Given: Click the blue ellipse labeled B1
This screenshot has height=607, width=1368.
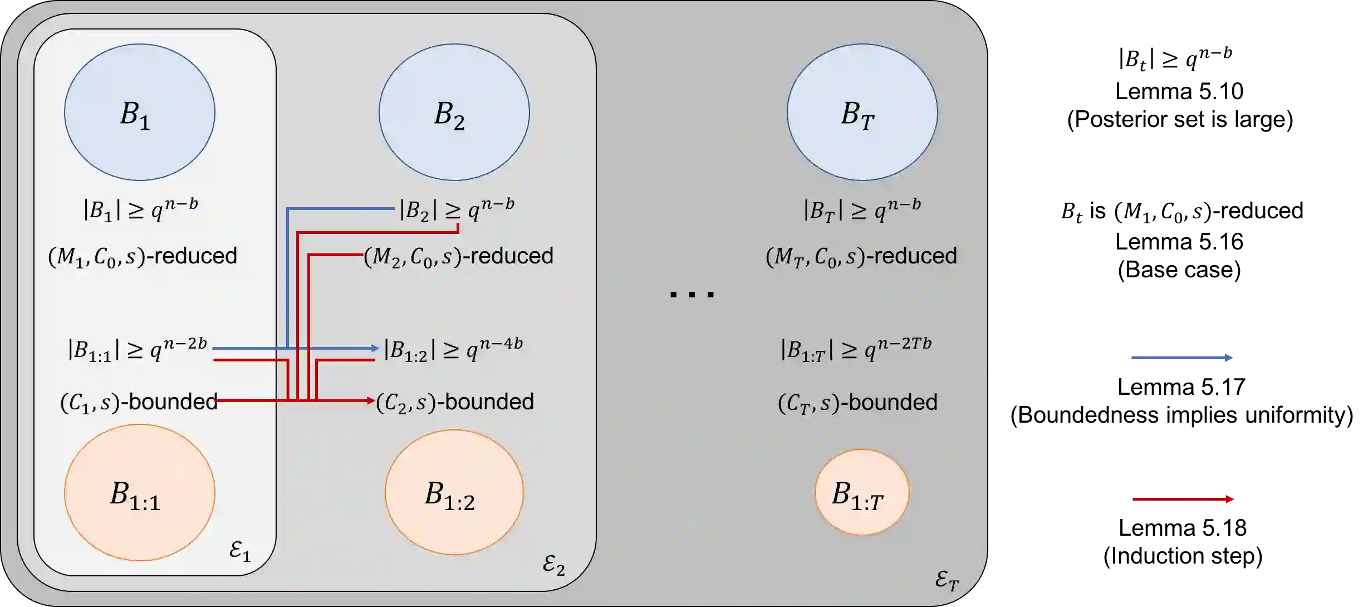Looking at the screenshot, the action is pos(139,112).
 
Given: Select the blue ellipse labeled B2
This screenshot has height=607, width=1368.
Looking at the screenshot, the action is pos(454,112).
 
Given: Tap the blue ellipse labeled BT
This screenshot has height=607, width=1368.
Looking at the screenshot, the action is pos(862,112).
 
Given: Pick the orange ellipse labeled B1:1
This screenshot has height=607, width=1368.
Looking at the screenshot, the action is pos(139,492).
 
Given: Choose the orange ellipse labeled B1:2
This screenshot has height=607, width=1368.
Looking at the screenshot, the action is pos(454,492).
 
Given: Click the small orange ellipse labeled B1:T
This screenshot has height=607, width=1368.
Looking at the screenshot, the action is pos(862,492).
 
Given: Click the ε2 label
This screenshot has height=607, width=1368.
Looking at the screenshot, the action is pos(553,565).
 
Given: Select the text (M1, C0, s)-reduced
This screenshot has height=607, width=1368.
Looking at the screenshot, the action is pos(143,256).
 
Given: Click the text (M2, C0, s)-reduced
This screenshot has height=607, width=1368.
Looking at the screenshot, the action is pos(459,256).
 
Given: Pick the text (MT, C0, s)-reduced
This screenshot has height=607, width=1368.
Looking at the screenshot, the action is pos(861,256).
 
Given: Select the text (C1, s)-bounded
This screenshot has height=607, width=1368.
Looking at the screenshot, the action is pos(139,402).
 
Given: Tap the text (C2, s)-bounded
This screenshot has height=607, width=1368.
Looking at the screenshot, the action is pos(455,402).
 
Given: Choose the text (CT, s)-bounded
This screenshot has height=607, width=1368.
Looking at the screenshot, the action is pos(857,402).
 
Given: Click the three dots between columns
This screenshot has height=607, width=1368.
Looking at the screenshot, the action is pos(692,294).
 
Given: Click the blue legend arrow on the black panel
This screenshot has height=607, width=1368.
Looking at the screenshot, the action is pos(1182,358).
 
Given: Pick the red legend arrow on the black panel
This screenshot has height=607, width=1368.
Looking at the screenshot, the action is pos(1183,500).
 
